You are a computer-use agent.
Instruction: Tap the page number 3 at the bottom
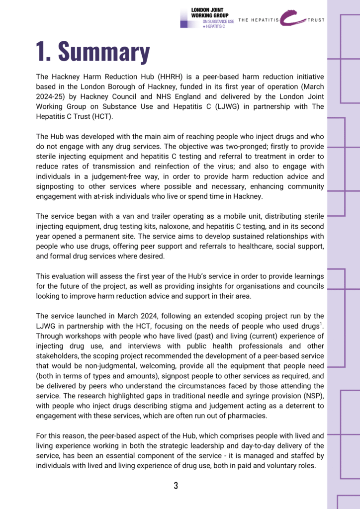click(176, 486)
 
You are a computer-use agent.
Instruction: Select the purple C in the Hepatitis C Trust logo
click(291, 18)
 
